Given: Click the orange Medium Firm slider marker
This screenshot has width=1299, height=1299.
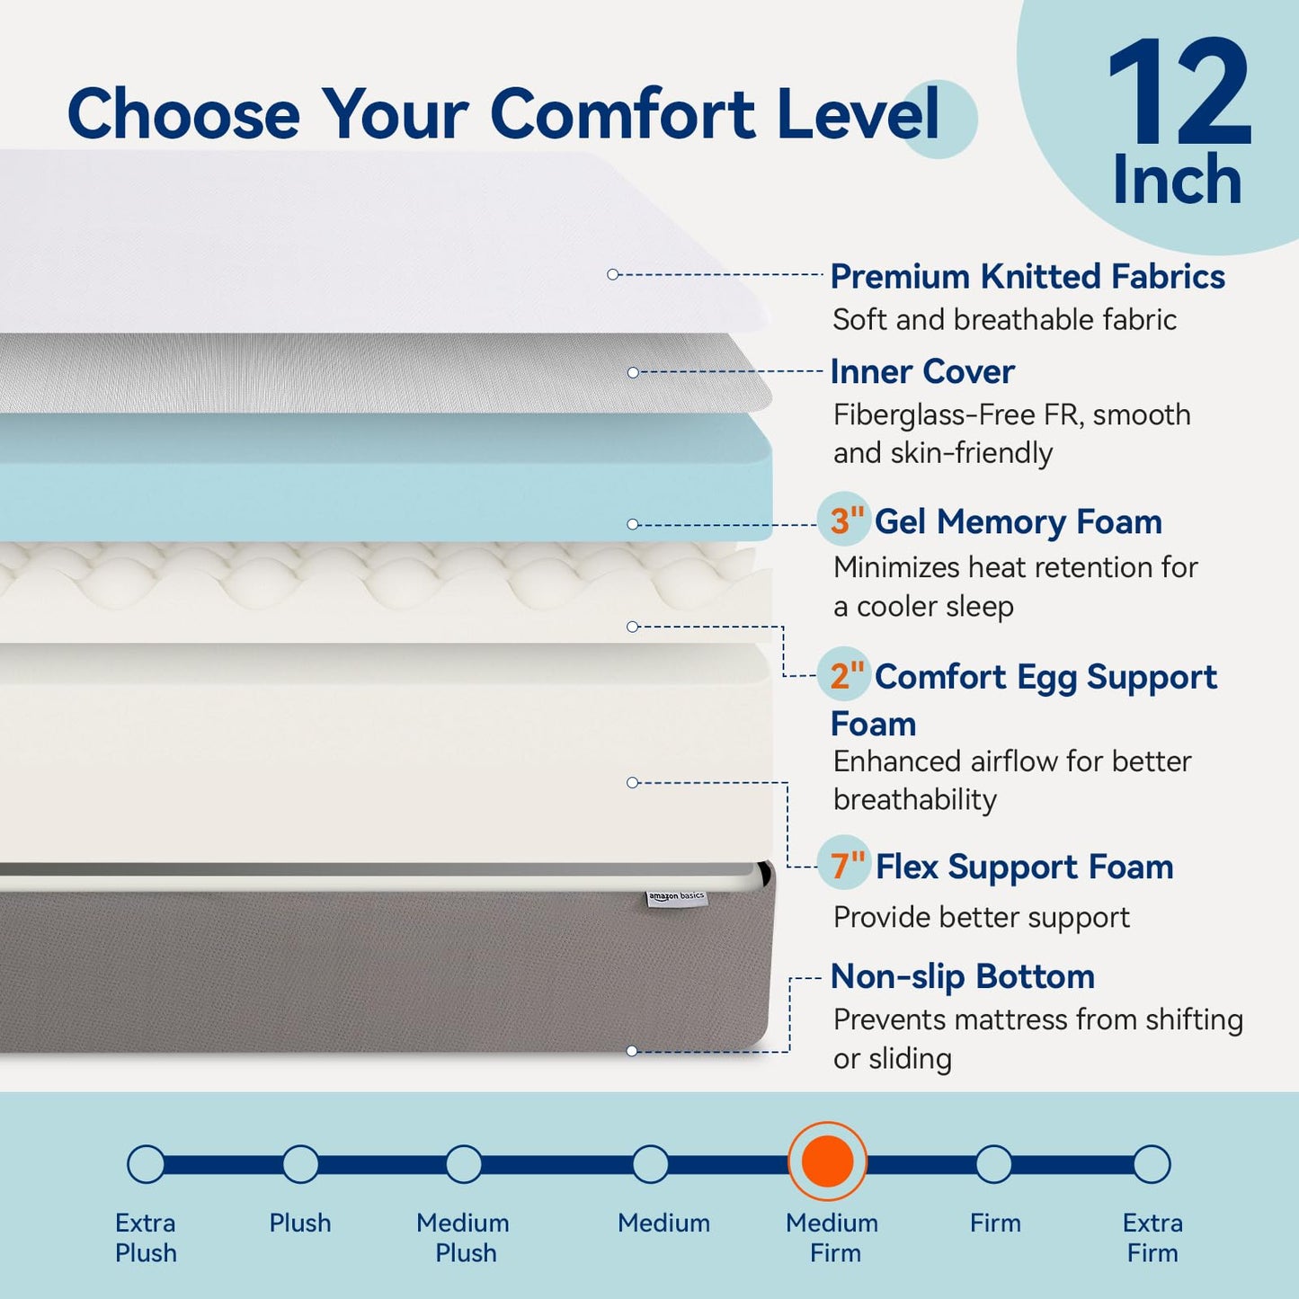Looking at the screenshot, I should click(x=827, y=1161).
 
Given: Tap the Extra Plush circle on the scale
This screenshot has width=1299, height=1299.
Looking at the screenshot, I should click(x=146, y=1164).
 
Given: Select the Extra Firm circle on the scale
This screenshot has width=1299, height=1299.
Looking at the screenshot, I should click(x=1152, y=1164).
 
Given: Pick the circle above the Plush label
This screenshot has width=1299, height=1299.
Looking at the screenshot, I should click(x=300, y=1164).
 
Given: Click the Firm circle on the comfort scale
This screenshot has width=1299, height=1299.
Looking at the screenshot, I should click(x=993, y=1164).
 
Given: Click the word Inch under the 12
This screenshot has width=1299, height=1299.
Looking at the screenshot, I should click(x=1178, y=180).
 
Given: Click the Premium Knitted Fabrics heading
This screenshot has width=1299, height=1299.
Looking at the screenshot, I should click(x=1027, y=277).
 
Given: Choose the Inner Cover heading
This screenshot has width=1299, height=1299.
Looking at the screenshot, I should click(x=922, y=371).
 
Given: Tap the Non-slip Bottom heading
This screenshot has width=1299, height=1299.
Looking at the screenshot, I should click(x=962, y=976).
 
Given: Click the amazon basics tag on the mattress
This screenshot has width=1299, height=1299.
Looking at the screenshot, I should click(x=677, y=897).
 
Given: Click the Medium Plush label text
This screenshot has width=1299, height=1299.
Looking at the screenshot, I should click(x=464, y=1237).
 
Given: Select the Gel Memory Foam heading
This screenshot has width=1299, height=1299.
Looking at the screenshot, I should click(x=1018, y=521).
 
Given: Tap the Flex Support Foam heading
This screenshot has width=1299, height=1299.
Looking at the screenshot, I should click(x=1024, y=867).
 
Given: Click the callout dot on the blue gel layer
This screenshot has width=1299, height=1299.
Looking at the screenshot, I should click(x=633, y=524).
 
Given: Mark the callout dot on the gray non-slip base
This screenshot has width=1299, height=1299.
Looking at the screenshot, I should click(x=632, y=1051).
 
